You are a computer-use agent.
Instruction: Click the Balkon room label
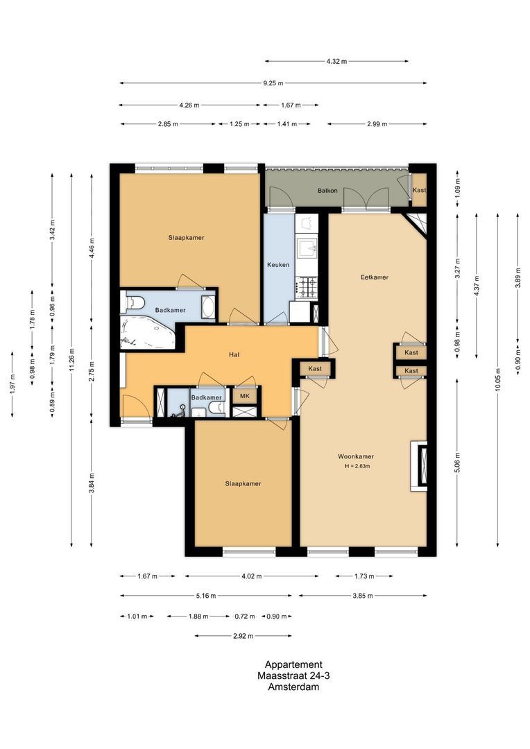[327, 190]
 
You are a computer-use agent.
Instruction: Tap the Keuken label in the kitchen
[278, 265]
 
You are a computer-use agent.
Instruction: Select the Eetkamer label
[374, 277]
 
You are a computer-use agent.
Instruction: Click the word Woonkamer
[356, 456]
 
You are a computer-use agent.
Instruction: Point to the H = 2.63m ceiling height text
[357, 466]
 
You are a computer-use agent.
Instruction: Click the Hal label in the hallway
[234, 354]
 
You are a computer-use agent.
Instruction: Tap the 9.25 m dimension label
[273, 83]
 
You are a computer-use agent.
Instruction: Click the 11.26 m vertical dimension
[71, 359]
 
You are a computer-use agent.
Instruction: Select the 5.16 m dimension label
[205, 596]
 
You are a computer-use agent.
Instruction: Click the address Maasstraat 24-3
[289, 676]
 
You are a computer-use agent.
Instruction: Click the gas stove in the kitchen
[307, 284]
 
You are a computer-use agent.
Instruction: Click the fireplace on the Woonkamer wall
[419, 466]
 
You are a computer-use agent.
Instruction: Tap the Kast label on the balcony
[419, 190]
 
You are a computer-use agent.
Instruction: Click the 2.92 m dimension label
[243, 636]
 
